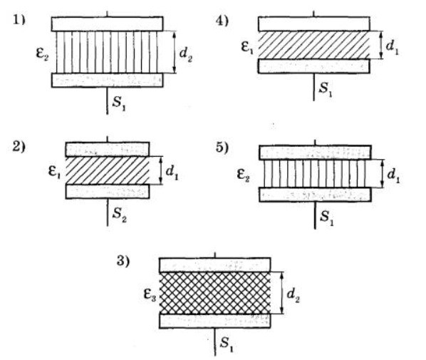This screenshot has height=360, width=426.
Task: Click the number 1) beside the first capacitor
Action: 19,21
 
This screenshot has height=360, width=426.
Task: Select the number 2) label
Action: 19,147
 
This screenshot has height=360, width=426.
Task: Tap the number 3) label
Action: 123,261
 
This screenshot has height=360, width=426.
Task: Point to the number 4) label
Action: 222,21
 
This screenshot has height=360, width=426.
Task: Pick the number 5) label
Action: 222,148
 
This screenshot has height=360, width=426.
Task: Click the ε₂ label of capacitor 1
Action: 42,53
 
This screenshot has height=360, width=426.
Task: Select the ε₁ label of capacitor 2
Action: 54,172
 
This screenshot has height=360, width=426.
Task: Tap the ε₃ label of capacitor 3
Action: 150,294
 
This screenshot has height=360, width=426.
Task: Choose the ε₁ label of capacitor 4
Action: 247,47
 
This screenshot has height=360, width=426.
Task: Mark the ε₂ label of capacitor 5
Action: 244,174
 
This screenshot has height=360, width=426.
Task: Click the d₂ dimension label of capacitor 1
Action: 185,54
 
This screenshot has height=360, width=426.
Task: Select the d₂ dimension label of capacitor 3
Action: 293,295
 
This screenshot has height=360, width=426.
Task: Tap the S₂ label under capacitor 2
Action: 120,215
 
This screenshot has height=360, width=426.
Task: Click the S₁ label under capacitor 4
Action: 326,88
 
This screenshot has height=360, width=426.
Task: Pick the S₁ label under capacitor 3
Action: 227,344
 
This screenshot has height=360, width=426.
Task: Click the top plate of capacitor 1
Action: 108,24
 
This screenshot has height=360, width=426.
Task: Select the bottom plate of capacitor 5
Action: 315,195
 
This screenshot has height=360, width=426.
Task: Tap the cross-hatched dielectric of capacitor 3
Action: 215,293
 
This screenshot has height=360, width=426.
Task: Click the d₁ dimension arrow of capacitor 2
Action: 160,170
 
